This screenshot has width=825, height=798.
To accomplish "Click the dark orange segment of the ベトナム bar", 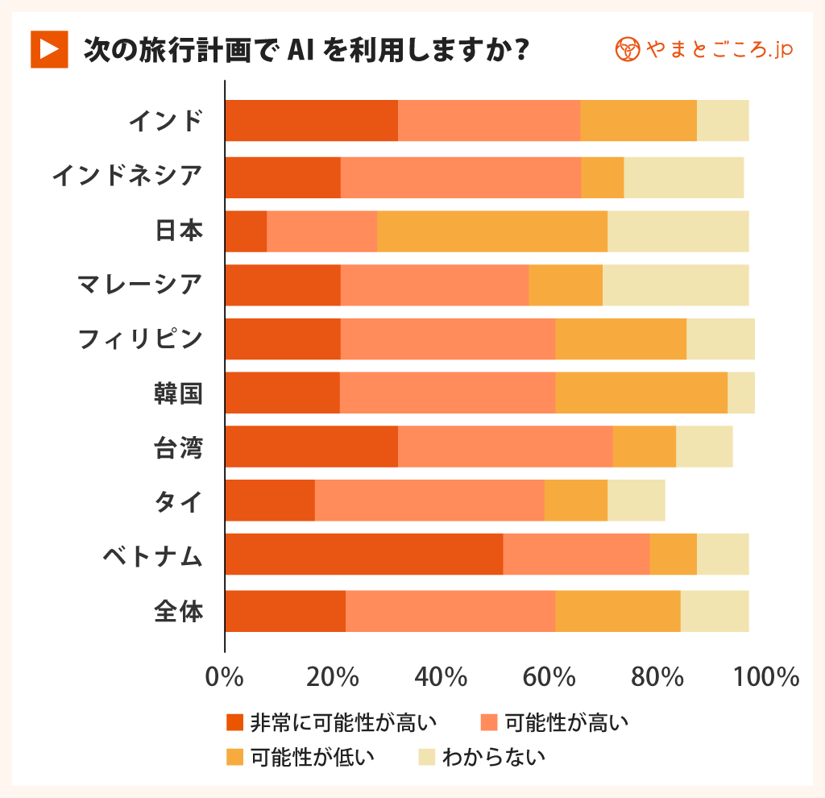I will (363, 554).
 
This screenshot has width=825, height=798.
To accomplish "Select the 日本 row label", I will (178, 231).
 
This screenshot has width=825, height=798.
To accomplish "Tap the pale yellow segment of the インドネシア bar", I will (683, 177).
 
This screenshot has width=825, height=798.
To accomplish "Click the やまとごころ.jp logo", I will (703, 50).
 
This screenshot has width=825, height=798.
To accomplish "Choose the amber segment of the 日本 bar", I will (491, 231).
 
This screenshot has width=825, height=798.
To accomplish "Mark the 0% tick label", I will (225, 676).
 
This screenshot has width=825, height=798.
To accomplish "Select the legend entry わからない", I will (482, 757).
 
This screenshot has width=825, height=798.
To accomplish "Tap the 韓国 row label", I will (178, 393).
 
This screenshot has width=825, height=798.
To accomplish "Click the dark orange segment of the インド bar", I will (311, 121).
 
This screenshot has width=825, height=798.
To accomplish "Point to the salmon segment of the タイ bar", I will (429, 500).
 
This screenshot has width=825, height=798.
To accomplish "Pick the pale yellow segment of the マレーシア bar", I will (675, 285).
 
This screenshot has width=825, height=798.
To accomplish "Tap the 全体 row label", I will (178, 611).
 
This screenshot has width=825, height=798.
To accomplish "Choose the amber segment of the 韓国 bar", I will (641, 393).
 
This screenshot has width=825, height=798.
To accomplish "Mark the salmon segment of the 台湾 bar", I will (505, 447).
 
